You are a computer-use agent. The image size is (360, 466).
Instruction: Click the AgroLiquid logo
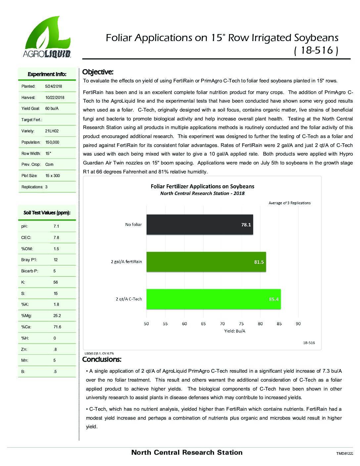point(47,37)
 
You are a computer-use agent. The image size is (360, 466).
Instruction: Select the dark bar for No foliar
point(200,225)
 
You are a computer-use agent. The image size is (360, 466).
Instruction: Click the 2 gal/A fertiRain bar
point(206,262)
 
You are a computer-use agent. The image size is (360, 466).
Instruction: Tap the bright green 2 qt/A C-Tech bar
point(213,299)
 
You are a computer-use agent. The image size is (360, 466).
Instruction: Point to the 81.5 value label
point(259,262)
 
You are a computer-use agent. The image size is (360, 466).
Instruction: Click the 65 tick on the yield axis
point(203,324)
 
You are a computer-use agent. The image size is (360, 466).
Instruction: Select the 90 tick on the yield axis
point(298,324)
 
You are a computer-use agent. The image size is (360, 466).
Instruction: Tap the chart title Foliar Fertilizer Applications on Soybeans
point(202,186)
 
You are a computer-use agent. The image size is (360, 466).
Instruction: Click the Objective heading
point(98,72)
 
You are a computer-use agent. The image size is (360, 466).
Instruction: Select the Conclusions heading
point(102,359)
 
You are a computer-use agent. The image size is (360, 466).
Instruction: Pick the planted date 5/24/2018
point(54,86)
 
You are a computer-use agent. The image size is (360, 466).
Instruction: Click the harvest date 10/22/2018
point(55,98)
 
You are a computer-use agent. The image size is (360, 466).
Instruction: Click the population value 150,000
point(52,142)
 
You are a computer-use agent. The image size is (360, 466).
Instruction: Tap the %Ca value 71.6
point(57,327)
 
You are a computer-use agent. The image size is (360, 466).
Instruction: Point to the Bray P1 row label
point(27,260)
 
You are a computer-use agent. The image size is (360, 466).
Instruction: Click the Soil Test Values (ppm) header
point(47,213)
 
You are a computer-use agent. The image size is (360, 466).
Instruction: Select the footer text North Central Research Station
point(187,452)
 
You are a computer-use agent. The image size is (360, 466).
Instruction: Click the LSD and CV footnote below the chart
point(99,353)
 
